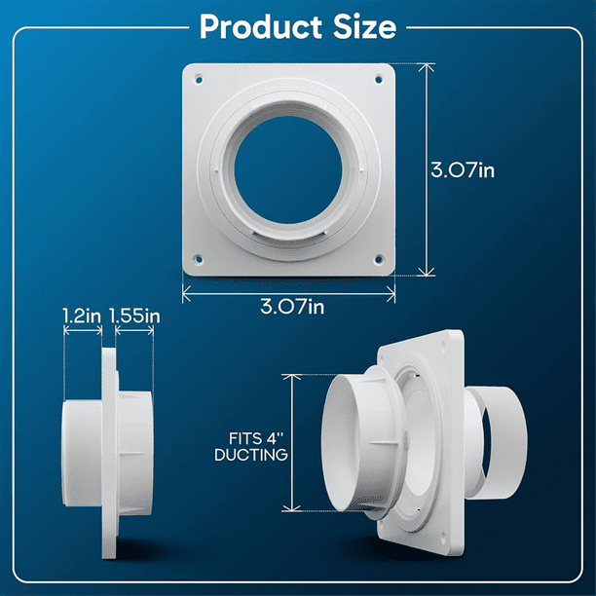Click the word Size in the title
click(x=361, y=26)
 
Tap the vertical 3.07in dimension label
click(x=463, y=169)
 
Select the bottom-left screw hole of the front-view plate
click(x=199, y=258)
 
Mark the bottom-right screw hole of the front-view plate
click(x=378, y=259)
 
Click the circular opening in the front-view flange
click(x=288, y=167)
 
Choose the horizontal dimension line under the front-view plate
click(x=288, y=289)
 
